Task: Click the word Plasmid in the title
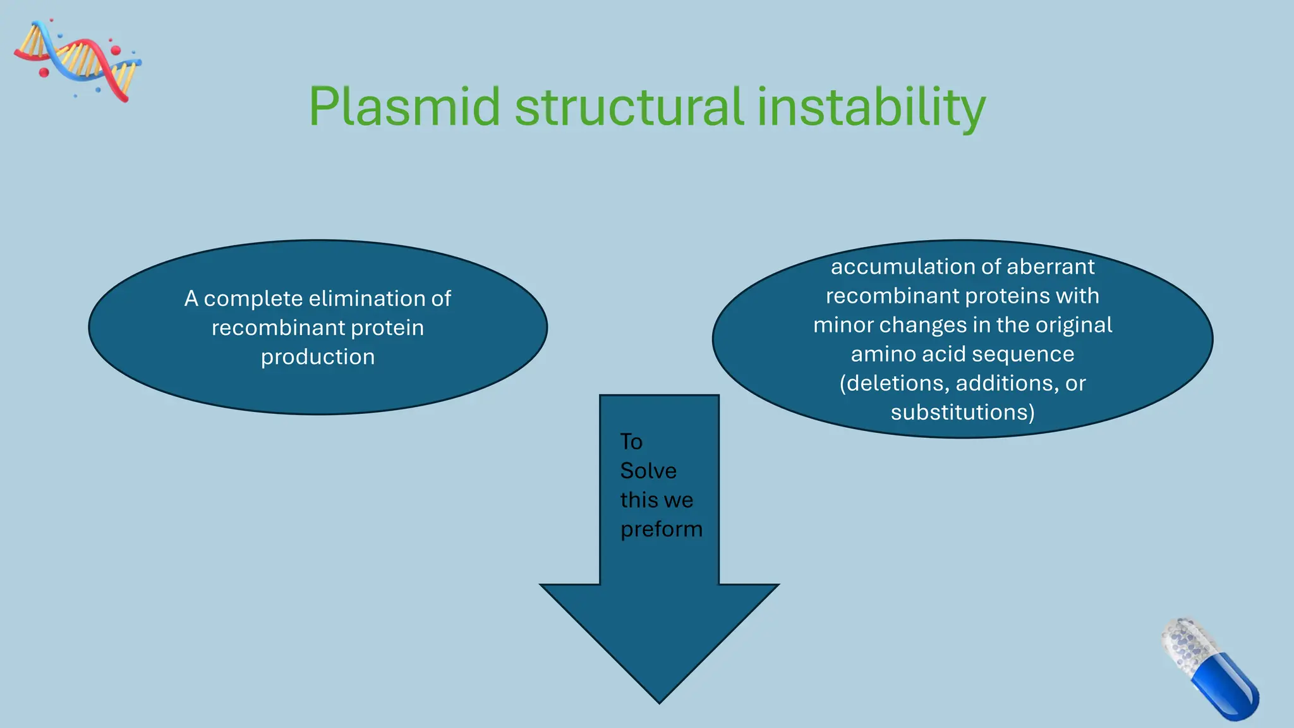click(x=404, y=107)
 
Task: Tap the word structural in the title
click(x=629, y=107)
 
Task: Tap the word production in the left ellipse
click(x=318, y=357)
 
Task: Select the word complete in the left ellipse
click(x=253, y=298)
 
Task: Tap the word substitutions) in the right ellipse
click(x=962, y=413)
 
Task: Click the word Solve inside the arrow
click(x=648, y=471)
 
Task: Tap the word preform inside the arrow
click(x=661, y=529)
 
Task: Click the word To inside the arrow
click(x=631, y=442)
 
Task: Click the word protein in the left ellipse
click(x=387, y=328)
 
